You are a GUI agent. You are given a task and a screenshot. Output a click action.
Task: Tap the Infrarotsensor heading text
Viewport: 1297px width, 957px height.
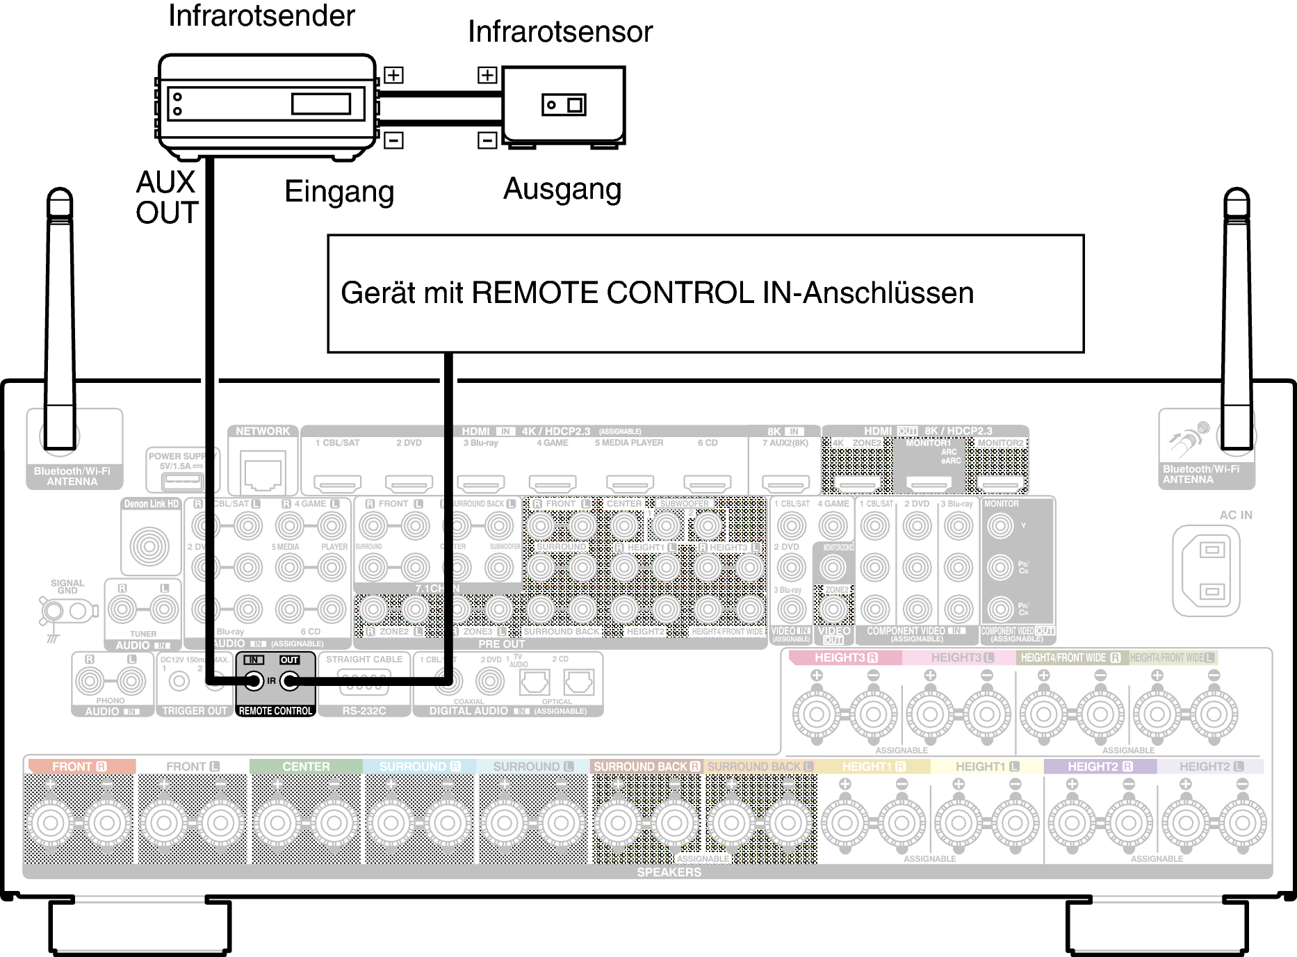[560, 32]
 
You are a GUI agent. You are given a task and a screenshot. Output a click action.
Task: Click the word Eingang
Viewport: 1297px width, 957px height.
[339, 192]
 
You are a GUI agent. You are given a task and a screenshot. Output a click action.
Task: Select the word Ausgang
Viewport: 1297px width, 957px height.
[562, 189]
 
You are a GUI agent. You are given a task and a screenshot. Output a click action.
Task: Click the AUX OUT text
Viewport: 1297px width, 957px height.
[167, 197]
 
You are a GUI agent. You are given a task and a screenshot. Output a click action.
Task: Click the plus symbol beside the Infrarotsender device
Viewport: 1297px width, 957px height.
[393, 75]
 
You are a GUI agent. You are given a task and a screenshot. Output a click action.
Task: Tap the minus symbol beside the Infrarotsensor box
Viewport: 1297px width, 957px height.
[487, 140]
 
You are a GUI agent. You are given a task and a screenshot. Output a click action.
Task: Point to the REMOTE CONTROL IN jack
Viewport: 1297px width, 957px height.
[254, 681]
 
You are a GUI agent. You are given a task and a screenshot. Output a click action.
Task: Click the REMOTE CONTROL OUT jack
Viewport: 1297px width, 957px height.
[290, 681]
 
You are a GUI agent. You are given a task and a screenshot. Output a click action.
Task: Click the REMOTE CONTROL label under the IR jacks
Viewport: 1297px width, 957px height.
[275, 711]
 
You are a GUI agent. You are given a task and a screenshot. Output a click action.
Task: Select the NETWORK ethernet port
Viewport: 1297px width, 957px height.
[263, 471]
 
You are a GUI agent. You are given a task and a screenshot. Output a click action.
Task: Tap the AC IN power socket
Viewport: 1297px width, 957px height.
[1206, 571]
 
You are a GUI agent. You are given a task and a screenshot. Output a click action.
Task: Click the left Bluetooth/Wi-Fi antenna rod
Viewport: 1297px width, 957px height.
[60, 313]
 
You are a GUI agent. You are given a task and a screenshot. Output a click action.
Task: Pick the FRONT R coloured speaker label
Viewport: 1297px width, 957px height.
[79, 767]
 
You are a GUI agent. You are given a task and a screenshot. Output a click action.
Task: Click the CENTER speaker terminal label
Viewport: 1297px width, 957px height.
[306, 767]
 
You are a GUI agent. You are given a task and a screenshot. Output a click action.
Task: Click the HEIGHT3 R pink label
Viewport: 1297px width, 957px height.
[845, 657]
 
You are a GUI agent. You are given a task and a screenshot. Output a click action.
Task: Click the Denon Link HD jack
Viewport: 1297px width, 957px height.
[149, 546]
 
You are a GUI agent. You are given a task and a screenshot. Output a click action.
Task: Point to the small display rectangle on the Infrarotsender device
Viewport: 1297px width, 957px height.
[320, 104]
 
